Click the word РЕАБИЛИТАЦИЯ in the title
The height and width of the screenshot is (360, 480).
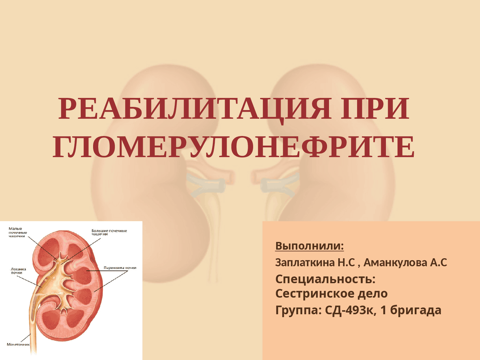(194, 109)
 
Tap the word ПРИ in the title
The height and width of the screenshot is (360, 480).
(375, 108)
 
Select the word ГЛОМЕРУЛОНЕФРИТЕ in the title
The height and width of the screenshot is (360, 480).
(234, 147)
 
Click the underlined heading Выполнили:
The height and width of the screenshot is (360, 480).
(309, 246)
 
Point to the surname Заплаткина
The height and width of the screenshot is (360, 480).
(305, 262)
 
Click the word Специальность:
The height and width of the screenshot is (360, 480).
(325, 280)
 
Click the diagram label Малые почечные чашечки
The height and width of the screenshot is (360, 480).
(18, 232)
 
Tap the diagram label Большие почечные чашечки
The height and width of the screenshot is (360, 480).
(109, 232)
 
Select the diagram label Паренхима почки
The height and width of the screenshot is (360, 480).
(120, 267)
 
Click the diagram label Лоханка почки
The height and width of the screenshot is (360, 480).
(18, 271)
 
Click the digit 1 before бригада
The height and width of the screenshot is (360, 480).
(384, 310)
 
